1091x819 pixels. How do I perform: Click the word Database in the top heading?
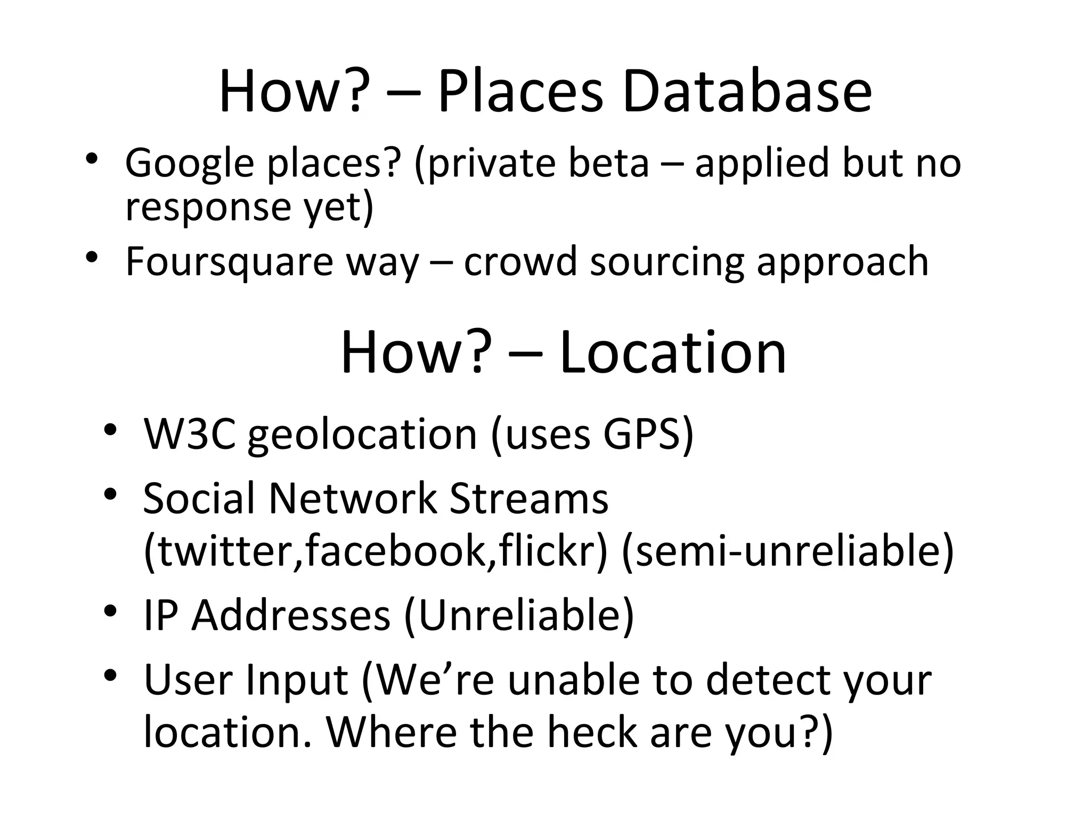click(x=746, y=92)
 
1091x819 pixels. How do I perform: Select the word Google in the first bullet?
click(x=189, y=163)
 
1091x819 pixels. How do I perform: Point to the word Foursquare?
click(x=229, y=262)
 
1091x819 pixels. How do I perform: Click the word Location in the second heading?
click(x=672, y=352)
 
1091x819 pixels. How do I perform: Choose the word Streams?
click(x=528, y=498)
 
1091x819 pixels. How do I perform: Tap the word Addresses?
click(x=291, y=615)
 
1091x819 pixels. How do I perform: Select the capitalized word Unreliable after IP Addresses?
click(x=519, y=615)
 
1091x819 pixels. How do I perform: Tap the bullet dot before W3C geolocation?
click(x=110, y=429)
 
